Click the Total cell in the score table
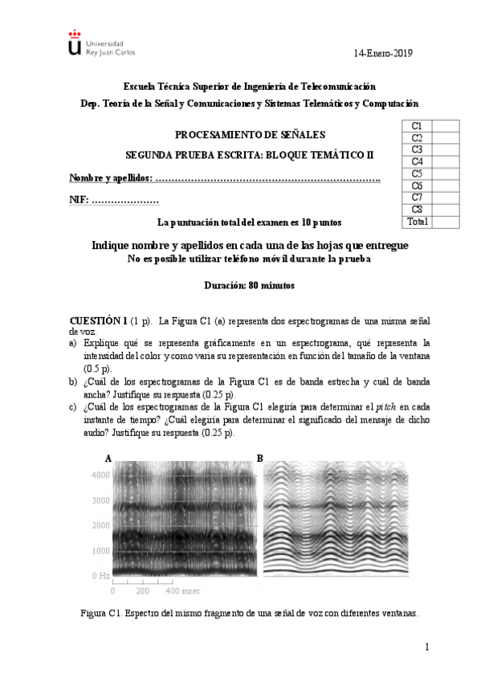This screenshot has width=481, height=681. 418,221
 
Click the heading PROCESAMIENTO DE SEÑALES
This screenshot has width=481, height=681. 250,135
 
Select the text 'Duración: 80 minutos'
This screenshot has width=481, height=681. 249,285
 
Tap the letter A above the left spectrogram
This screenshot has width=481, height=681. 108,458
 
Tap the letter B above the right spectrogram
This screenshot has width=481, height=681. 259,458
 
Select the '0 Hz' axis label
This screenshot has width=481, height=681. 100,576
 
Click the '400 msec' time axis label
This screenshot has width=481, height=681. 183,591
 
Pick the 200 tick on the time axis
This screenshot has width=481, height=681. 144,591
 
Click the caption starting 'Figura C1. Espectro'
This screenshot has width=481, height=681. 249,613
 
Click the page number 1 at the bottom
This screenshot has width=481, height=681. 427,647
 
